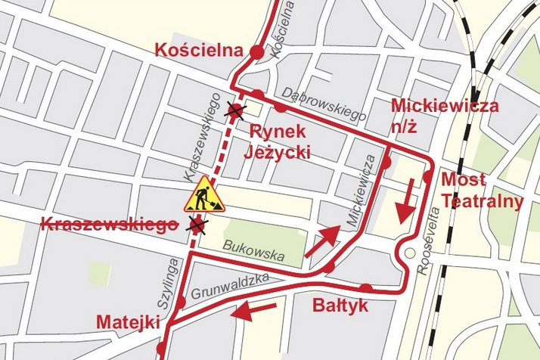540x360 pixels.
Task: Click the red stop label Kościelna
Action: [200, 51]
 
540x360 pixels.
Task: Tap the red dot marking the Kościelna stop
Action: [256, 51]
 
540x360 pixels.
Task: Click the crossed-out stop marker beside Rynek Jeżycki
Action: [236, 113]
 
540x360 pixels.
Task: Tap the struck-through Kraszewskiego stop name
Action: [106, 224]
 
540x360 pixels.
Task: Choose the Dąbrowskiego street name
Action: [324, 104]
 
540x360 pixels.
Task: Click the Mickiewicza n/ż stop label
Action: [445, 114]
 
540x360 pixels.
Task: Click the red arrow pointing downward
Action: [405, 200]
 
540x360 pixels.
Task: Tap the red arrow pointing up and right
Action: [321, 241]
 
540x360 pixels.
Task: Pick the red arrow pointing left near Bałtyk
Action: [253, 309]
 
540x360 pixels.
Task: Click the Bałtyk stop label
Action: [340, 306]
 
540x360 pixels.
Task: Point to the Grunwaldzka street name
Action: [231, 284]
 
